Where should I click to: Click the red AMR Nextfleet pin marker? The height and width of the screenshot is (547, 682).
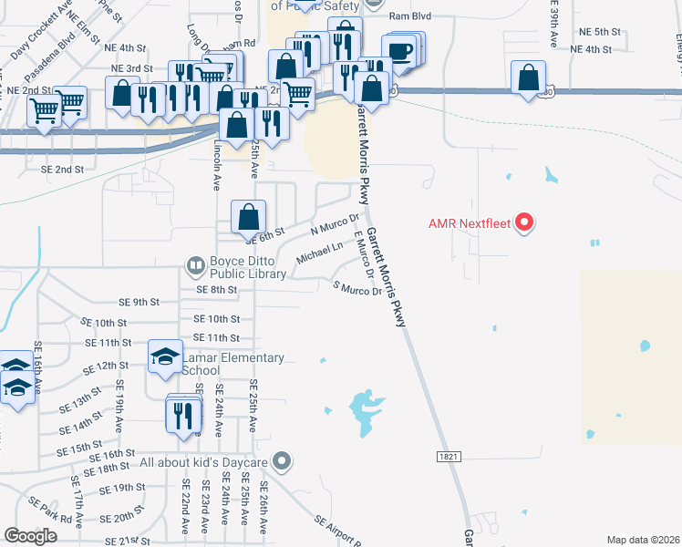tap(524, 222)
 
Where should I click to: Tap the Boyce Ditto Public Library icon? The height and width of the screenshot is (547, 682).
tap(195, 265)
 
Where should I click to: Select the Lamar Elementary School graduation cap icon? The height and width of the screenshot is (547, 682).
tap(165, 356)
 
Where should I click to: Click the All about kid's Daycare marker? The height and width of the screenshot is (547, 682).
tap(282, 462)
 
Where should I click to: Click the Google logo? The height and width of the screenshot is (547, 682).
tap(30, 536)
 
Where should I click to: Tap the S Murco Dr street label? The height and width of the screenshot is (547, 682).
tap(358, 290)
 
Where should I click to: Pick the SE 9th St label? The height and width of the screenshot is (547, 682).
tap(139, 302)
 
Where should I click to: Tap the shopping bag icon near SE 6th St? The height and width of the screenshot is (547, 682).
tap(248, 217)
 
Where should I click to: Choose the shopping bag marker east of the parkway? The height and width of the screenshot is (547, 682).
tap(529, 77)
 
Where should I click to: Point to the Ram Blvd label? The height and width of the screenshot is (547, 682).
tap(409, 16)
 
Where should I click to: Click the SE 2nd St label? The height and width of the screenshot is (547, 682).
tap(62, 170)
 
